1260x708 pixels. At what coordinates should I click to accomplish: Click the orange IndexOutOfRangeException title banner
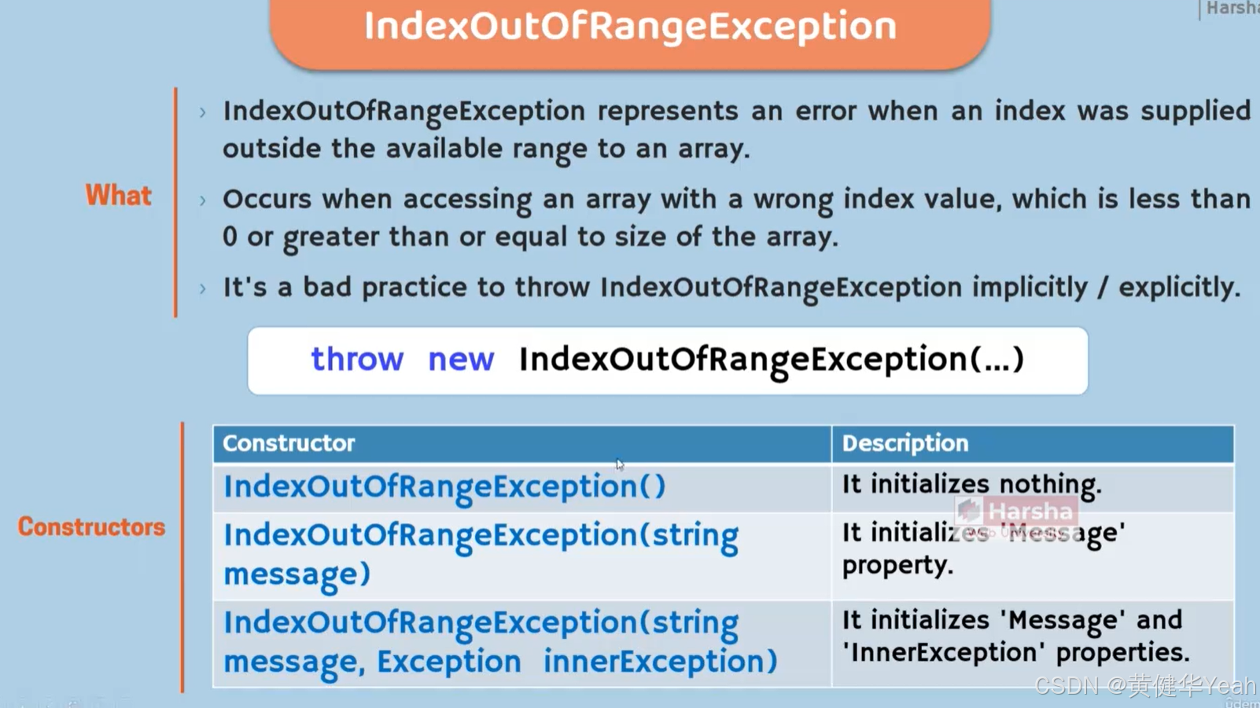[629, 28]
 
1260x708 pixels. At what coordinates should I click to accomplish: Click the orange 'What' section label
[118, 196]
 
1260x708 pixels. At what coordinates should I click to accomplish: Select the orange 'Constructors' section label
[91, 526]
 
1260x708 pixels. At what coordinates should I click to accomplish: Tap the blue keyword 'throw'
[357, 359]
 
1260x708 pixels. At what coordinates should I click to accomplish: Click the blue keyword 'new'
[461, 359]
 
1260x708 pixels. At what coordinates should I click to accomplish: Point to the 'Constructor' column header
[289, 443]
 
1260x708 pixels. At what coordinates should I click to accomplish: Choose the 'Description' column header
[904, 443]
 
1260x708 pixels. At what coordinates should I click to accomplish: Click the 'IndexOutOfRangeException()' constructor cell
[444, 486]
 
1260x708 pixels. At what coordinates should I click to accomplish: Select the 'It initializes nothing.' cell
[971, 484]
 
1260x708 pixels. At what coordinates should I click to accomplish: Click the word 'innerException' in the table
[660, 662]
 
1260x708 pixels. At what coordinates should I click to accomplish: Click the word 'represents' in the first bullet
[668, 111]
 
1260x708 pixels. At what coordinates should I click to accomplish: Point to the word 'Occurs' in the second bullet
[267, 199]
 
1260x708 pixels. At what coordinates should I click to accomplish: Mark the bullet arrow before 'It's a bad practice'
[203, 289]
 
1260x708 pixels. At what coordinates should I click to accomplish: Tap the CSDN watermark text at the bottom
[1144, 686]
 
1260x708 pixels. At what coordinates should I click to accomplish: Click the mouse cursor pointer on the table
[620, 464]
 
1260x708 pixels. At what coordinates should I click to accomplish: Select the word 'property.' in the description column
[897, 565]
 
